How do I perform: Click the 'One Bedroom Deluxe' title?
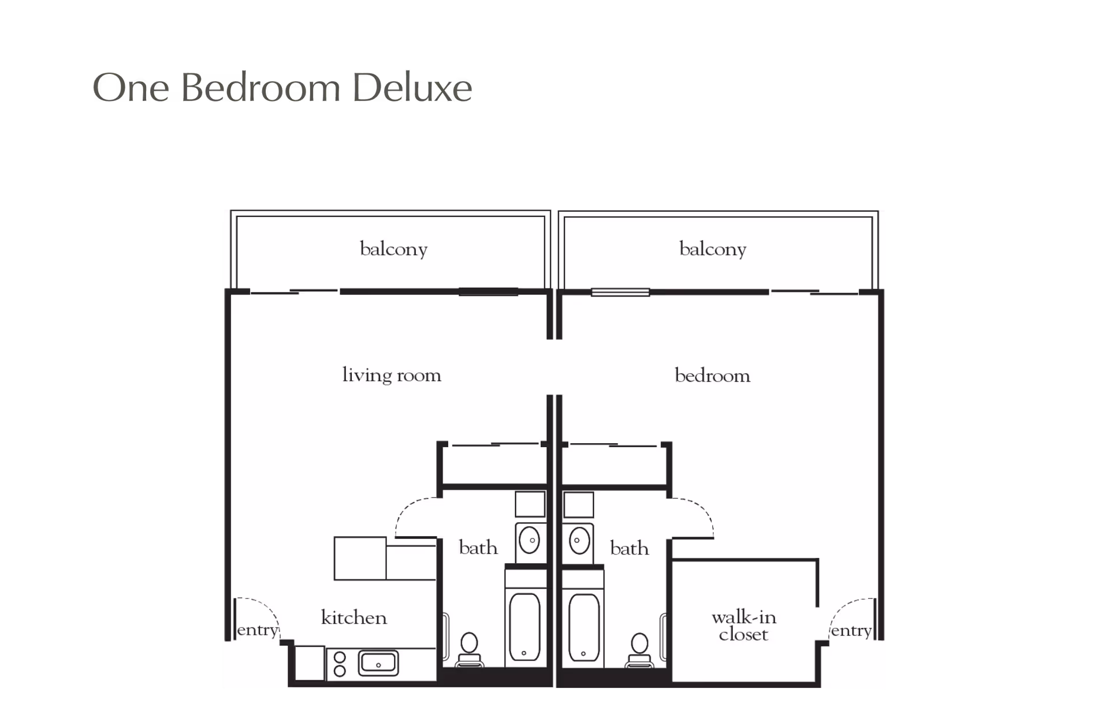(x=282, y=88)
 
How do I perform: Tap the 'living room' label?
(x=392, y=375)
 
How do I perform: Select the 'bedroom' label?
(x=712, y=376)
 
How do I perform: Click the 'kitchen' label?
(x=353, y=617)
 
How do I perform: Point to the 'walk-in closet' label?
(x=744, y=626)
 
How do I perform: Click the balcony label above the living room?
(x=393, y=249)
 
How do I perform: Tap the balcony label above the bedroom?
(x=713, y=249)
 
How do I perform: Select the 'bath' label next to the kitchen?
(x=478, y=547)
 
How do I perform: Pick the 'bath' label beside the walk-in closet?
(x=630, y=548)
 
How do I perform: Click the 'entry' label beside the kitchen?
(x=258, y=630)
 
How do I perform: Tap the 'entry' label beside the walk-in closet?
(x=851, y=631)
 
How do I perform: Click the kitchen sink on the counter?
(x=378, y=663)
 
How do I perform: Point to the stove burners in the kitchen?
(x=340, y=664)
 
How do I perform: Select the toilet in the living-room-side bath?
(x=470, y=650)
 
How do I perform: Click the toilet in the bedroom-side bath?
(x=639, y=650)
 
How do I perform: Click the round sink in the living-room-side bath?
(x=530, y=541)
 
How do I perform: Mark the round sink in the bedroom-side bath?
(x=579, y=541)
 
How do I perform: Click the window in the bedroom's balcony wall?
(x=620, y=292)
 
